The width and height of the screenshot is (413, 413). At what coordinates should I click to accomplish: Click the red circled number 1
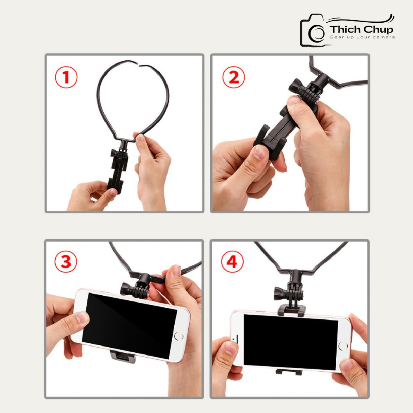66,77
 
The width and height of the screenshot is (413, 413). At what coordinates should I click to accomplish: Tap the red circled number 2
234,77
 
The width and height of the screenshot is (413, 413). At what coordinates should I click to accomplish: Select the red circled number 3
66,262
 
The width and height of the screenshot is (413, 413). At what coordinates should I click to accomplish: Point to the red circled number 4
233,262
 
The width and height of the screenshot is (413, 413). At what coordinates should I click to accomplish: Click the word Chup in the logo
377,30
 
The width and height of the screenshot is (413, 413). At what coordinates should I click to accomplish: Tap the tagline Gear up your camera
362,37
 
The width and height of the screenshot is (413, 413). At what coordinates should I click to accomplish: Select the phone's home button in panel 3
178,336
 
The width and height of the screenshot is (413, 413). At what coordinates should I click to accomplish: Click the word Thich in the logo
344,30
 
